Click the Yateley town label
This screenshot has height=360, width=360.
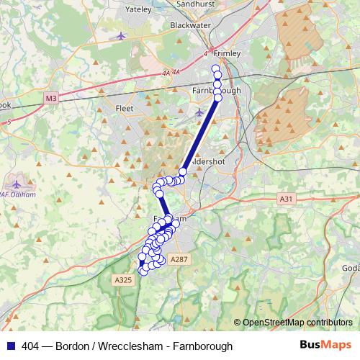(138, 10)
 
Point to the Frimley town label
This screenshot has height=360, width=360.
(228, 53)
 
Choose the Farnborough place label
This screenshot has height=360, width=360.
(216, 91)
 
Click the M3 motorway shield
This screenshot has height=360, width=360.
(50, 97)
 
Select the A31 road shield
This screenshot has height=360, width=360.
(286, 198)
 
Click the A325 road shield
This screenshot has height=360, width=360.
(123, 279)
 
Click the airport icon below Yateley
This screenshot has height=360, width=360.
(120, 36)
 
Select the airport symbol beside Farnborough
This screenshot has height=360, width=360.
(199, 112)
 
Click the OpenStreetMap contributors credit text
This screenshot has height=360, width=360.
(297, 322)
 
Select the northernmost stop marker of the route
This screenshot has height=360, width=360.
(215, 69)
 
